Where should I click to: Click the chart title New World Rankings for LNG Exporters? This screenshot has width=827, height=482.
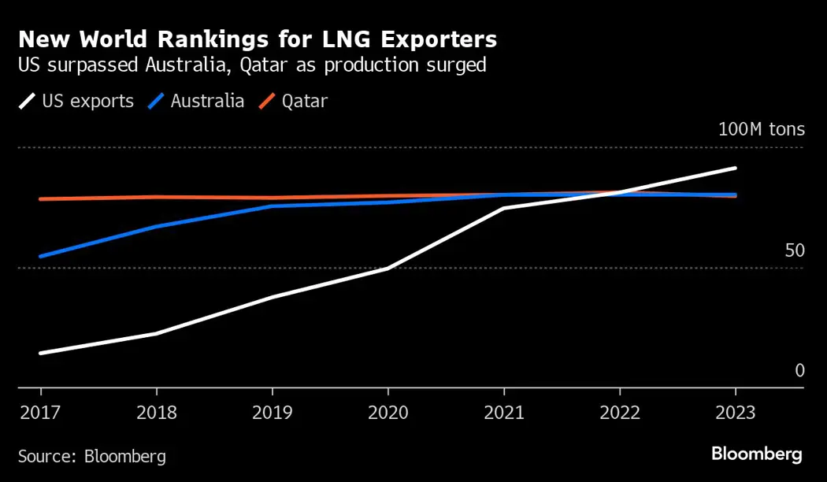coord(257,39)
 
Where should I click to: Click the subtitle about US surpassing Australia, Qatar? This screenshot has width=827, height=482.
coord(251,65)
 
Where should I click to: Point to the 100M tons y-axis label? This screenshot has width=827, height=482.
coord(761,129)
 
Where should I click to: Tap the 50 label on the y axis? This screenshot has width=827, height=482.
coord(795,250)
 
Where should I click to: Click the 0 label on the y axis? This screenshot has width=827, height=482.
coord(799,370)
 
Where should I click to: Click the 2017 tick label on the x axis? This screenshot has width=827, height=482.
coord(40,413)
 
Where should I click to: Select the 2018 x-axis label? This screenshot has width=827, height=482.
coord(156,413)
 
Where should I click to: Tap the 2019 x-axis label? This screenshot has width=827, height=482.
coord(272,413)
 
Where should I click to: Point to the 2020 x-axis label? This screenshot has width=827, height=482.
coord(388,413)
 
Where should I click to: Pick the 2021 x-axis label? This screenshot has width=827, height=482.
coord(503,413)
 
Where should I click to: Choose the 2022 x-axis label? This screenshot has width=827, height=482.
coord(620,413)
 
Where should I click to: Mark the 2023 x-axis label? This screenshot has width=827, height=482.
coord(735,413)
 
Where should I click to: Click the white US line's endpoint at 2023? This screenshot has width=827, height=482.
coord(735,168)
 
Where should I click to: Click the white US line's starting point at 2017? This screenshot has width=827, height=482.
coord(40,353)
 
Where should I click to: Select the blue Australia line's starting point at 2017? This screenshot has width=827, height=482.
coord(40,257)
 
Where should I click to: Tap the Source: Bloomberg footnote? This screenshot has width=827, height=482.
coord(91,456)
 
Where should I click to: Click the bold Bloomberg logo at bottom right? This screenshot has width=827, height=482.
coord(756,454)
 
